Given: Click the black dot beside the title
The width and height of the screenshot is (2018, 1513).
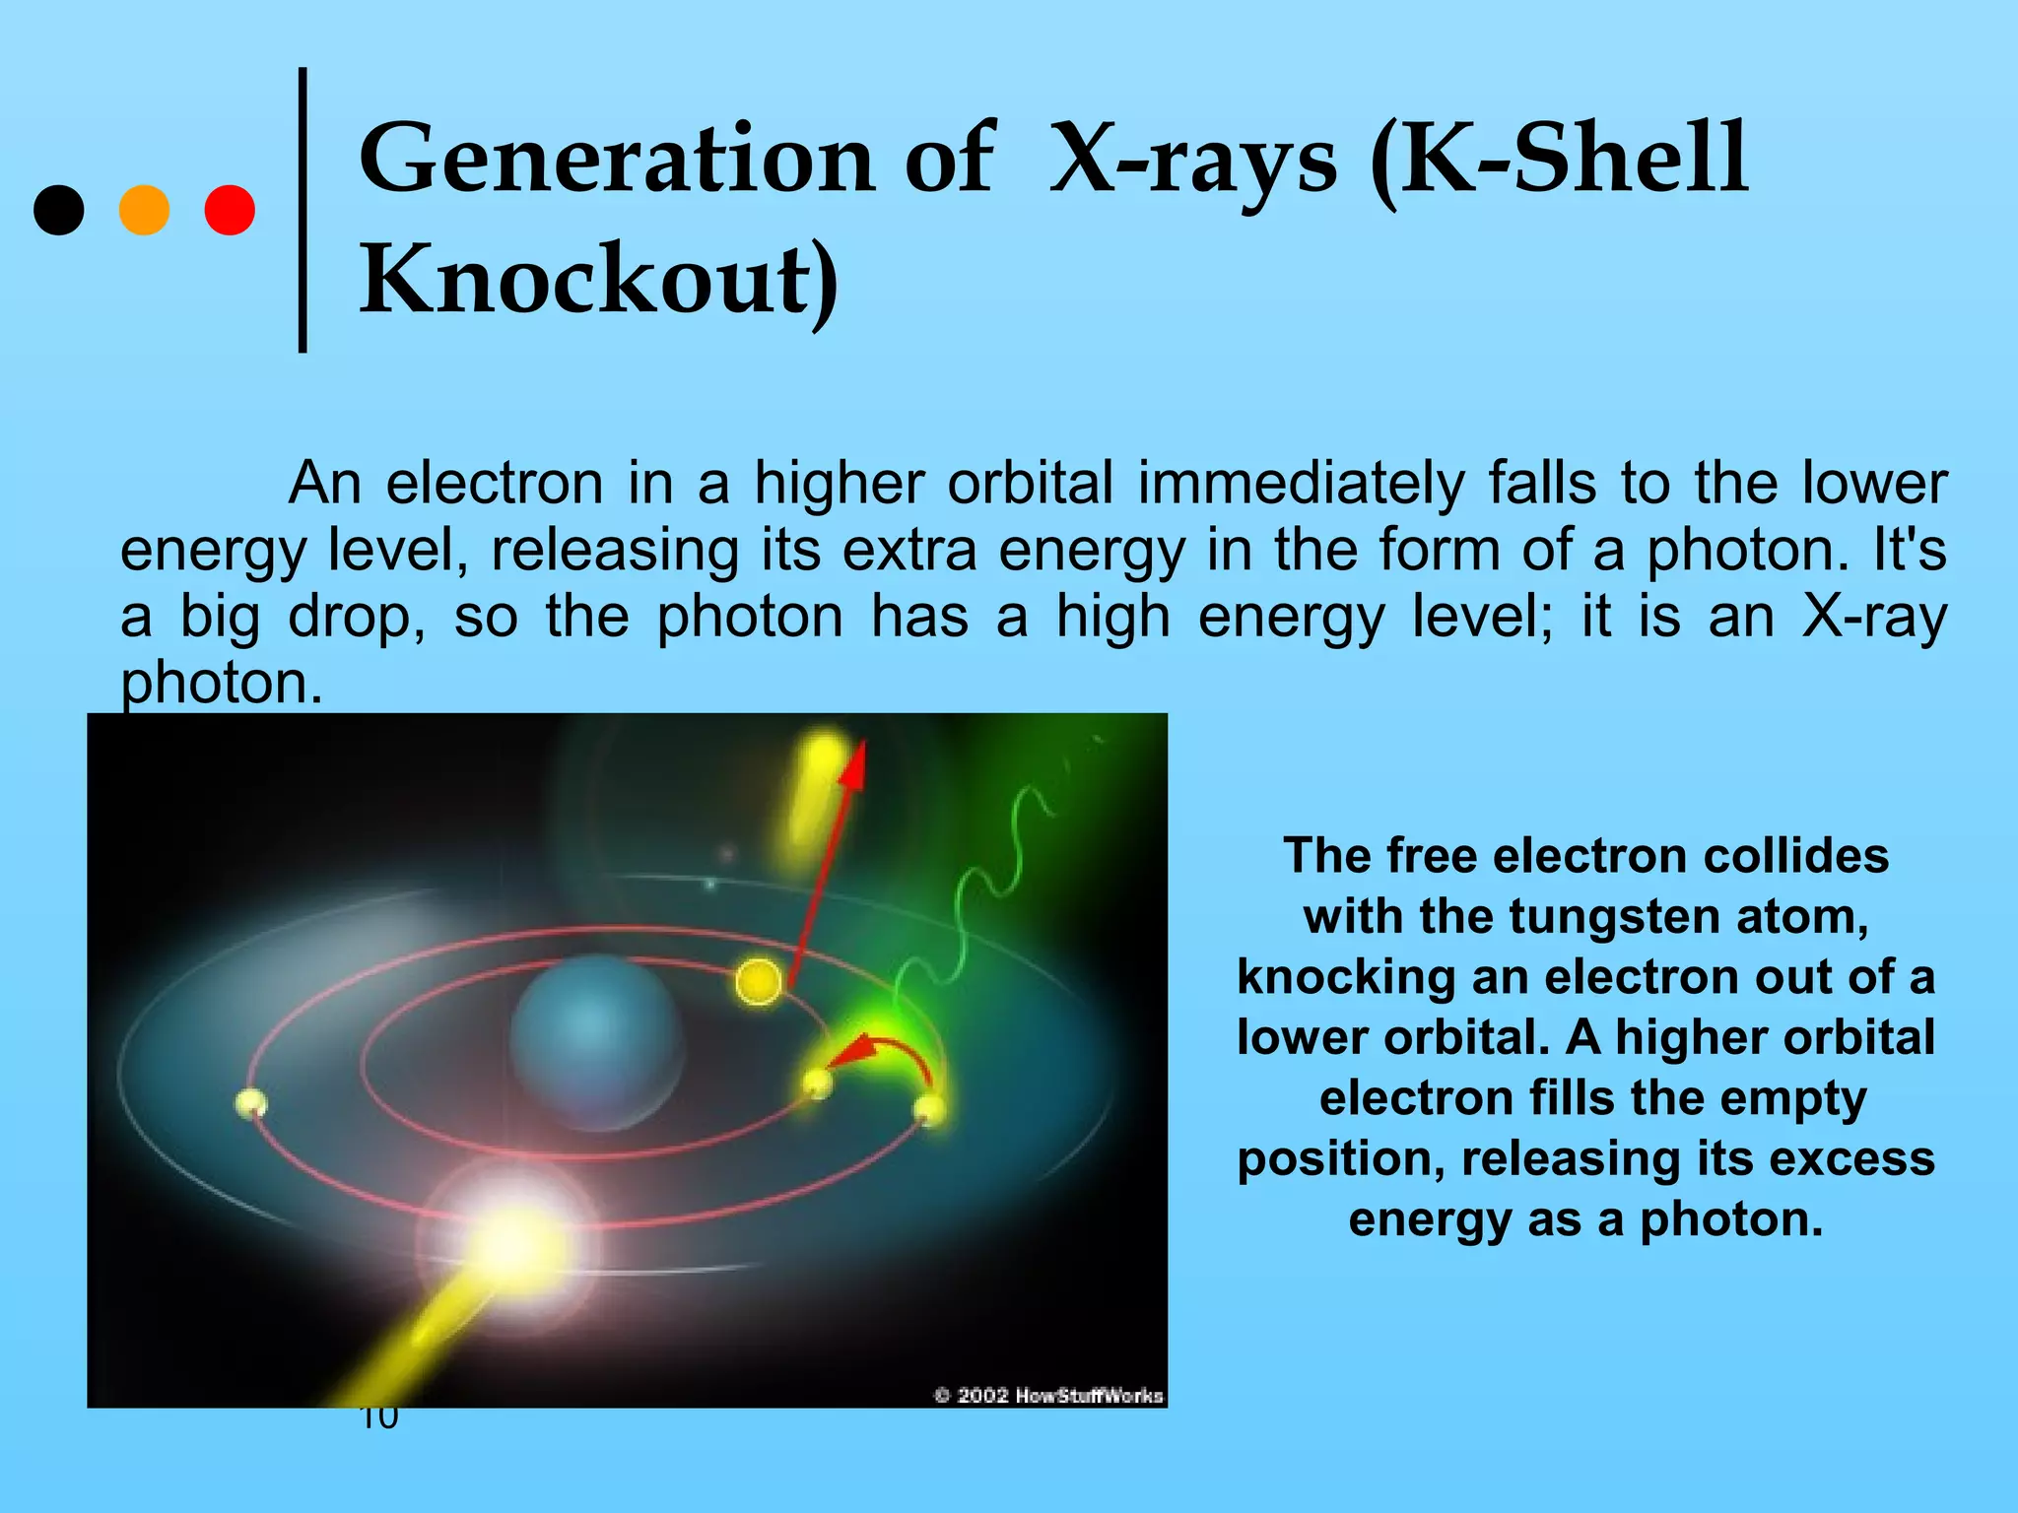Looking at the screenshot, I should (x=59, y=210).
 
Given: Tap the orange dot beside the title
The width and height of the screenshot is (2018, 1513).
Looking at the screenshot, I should (x=144, y=210).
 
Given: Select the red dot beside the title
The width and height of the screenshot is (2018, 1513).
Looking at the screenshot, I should (x=230, y=210).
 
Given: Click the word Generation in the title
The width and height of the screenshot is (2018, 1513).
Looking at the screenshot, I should (x=617, y=158).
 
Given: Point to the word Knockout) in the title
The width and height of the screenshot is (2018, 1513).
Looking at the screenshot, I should (x=599, y=280).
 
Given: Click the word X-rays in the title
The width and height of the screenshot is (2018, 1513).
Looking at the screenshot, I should (x=1193, y=158).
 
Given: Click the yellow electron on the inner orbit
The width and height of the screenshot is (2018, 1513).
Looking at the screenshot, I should (x=759, y=980).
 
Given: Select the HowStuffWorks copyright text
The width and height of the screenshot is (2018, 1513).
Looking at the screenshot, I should (x=1048, y=1395).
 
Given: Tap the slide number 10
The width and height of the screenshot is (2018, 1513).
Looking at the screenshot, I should (x=379, y=1418).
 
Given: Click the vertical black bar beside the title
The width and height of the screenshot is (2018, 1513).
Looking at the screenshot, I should (x=303, y=210).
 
